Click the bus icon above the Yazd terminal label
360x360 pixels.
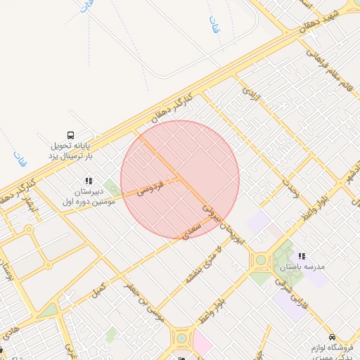[70, 135]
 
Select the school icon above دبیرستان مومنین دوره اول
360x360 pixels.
[89, 180]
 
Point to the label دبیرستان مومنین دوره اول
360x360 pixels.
[89, 196]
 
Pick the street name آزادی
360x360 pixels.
[252, 96]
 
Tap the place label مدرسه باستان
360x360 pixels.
[303, 267]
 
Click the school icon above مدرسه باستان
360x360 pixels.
[302, 256]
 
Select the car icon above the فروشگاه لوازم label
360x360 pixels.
[332, 337]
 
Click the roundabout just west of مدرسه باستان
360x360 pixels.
[261, 260]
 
